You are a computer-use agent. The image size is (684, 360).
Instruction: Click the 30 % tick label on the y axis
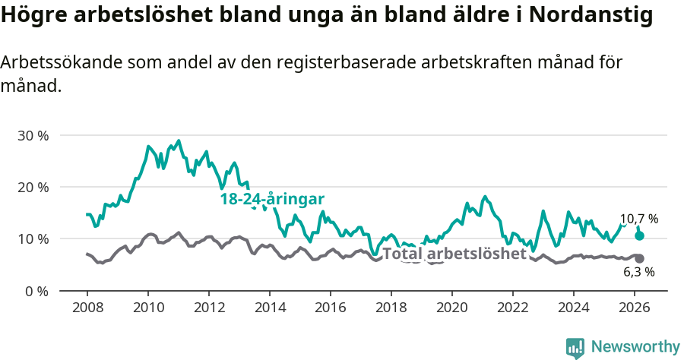pos(33,135)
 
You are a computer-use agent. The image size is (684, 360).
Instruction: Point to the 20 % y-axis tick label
pos(33,187)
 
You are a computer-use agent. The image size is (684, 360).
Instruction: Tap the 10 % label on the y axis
pos(33,238)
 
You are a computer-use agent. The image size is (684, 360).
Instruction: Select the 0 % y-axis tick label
pos(36,291)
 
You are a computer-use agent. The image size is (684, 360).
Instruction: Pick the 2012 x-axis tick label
pos(209,307)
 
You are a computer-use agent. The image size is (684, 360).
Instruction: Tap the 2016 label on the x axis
pos(331,307)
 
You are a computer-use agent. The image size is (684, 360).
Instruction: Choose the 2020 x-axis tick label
pos(452,307)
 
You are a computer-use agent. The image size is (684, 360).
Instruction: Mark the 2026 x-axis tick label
pos(635,307)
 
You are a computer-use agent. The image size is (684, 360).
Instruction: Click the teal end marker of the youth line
pos(639,235)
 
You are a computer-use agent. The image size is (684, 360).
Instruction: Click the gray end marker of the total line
pos(639,258)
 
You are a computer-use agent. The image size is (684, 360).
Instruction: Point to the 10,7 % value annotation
pos(638,219)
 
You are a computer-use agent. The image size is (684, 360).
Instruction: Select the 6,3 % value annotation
pos(638,272)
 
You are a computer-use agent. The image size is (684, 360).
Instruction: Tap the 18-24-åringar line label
pos(272,199)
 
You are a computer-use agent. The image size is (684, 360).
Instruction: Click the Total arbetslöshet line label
pos(454,254)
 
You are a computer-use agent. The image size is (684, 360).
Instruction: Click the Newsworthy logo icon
pos(575,347)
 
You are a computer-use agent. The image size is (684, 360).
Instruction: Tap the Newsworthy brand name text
pos(635,347)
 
